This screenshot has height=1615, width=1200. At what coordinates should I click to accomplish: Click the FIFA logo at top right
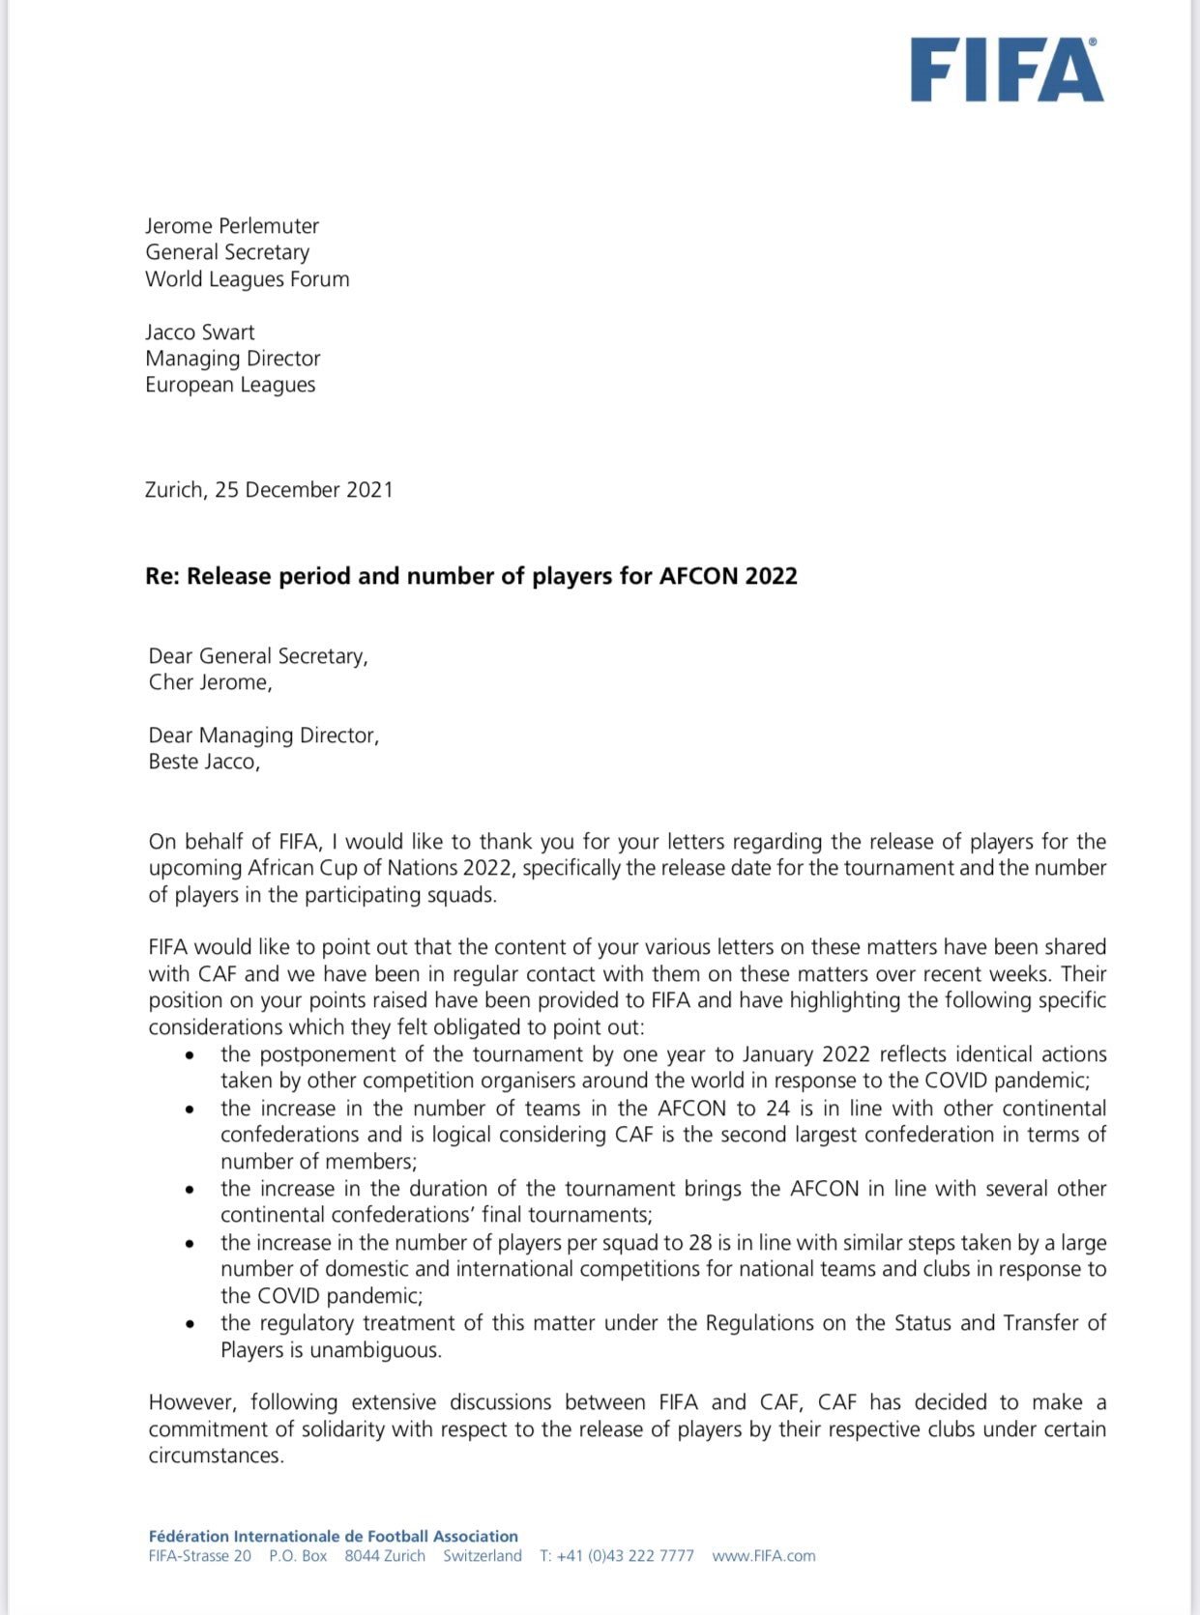1006,70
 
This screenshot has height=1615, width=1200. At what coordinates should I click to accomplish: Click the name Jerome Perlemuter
232,226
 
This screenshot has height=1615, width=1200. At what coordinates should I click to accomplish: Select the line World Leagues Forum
248,279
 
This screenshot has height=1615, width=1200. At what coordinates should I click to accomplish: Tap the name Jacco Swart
200,332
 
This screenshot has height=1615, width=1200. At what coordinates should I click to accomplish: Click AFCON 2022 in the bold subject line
728,577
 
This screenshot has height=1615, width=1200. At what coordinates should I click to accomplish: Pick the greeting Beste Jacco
204,762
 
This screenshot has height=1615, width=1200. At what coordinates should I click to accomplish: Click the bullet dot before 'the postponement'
190,1055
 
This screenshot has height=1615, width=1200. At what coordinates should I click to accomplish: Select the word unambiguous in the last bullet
375,1350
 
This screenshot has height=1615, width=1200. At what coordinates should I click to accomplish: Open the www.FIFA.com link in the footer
764,1556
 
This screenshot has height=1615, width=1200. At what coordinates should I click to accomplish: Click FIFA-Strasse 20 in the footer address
200,1556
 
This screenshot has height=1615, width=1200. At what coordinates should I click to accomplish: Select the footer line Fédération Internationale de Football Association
334,1536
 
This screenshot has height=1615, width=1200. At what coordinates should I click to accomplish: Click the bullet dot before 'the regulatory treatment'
190,1324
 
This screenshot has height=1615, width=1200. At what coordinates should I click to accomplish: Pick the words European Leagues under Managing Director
230,385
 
